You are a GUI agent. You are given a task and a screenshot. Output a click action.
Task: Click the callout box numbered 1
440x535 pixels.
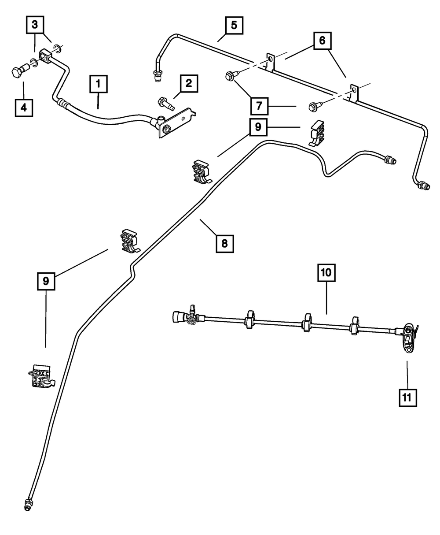pos(99,84)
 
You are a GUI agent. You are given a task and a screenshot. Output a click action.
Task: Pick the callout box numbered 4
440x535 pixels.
pos(24,107)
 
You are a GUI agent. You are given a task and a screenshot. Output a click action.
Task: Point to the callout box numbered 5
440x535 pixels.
pos(234,25)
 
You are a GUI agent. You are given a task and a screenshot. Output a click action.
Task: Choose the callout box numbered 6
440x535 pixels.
pos(322,41)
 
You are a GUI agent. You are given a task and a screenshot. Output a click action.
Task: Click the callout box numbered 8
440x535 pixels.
pos(224,243)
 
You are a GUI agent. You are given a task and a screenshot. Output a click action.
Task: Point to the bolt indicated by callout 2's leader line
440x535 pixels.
pos(166,104)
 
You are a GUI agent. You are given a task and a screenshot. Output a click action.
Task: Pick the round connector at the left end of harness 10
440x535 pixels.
pos(178,317)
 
